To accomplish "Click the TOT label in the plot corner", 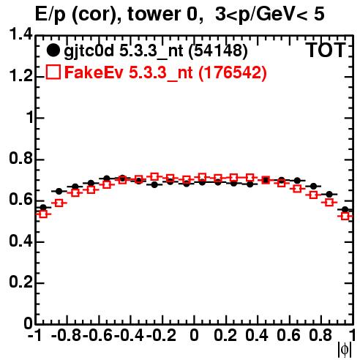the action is pos(326,50).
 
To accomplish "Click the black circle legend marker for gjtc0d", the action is pos(53,50).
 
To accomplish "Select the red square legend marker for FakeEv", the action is pos(53,72).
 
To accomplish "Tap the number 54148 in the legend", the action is pos(218,50).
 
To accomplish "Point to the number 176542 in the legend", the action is pos(233,72).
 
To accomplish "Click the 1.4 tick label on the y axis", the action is pos(20,34).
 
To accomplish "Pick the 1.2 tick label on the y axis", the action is pos(20,76).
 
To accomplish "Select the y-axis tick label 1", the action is pos(30,118).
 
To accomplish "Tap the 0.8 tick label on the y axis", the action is pos(20,159).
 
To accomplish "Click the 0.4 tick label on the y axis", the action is pos(20,241).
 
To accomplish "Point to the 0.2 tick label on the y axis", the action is pos(20,282).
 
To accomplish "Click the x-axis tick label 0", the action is pos(194,335).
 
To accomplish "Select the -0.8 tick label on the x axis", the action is pos(67,335).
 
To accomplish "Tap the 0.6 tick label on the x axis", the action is pos(288,335).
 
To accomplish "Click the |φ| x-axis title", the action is pos(345,350).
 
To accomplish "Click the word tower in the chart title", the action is pos(155,14).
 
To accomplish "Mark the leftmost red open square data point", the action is pos(43,214).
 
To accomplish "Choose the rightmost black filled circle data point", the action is pos(345,209).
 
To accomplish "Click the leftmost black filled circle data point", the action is pos(43,208).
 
